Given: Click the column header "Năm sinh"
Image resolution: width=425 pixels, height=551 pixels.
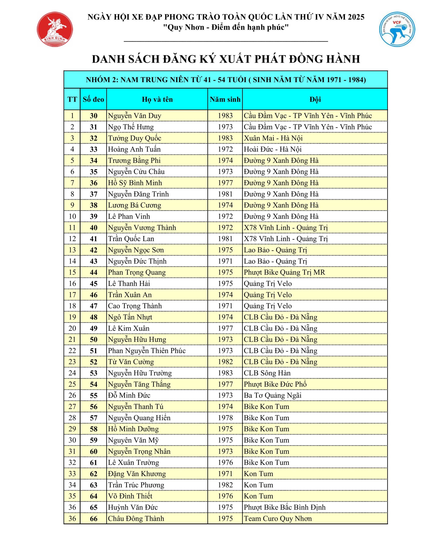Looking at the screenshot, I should click(x=225, y=99).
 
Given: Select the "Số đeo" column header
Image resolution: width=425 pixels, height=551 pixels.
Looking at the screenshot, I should click(x=93, y=99).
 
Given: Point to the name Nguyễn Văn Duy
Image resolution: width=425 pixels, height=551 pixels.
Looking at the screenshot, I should click(x=135, y=116).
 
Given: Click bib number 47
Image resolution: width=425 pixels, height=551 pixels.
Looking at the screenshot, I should click(x=93, y=306).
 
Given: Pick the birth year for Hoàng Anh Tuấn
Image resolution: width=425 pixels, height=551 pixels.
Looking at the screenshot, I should click(x=225, y=149).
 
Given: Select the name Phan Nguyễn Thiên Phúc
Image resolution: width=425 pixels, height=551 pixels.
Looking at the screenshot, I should click(x=147, y=351).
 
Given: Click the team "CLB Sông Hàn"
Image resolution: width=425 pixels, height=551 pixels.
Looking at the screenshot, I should click(x=267, y=373).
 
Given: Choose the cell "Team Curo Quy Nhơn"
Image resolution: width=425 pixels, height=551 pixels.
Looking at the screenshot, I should click(x=278, y=518).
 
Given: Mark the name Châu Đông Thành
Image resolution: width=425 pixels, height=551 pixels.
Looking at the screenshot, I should click(x=136, y=518).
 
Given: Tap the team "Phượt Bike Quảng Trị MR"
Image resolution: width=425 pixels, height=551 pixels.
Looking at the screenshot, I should click(x=284, y=272).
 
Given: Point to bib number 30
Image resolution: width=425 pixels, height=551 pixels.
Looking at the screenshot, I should click(x=93, y=116).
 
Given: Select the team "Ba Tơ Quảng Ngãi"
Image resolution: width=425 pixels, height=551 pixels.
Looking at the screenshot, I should click(x=273, y=395).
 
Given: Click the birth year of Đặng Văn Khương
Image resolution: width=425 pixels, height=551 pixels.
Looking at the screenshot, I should click(x=225, y=474).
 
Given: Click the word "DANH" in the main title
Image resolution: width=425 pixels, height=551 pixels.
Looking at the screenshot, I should click(x=108, y=59).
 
